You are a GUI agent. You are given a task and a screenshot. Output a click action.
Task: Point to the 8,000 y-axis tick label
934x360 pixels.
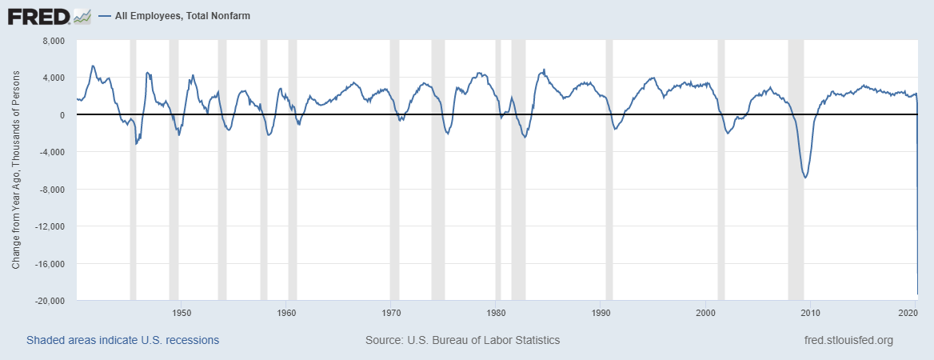pyautogui.click(x=52, y=41)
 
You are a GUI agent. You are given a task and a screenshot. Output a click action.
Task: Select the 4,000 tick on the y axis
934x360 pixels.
pyautogui.click(x=52, y=78)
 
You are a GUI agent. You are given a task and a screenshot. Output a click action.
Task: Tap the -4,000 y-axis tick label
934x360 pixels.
pyautogui.click(x=50, y=152)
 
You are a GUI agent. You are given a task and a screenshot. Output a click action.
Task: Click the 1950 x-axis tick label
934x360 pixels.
pyautogui.click(x=181, y=312)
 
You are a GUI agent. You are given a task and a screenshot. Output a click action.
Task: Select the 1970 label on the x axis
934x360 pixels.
pyautogui.click(x=391, y=312)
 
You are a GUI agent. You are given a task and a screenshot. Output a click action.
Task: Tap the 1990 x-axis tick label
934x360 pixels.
pyautogui.click(x=601, y=312)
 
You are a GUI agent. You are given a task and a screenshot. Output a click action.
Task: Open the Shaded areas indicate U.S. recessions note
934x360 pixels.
pyautogui.click(x=122, y=340)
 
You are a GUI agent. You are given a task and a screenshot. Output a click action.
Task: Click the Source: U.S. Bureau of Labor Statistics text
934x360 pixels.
pyautogui.click(x=462, y=340)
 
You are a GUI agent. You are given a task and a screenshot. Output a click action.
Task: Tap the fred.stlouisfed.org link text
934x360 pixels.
pyautogui.click(x=848, y=340)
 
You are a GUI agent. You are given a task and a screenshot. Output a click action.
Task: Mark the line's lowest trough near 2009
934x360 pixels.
pyautogui.click(x=804, y=177)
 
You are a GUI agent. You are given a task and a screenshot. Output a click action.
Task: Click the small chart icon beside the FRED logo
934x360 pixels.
pyautogui.click(x=82, y=16)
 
